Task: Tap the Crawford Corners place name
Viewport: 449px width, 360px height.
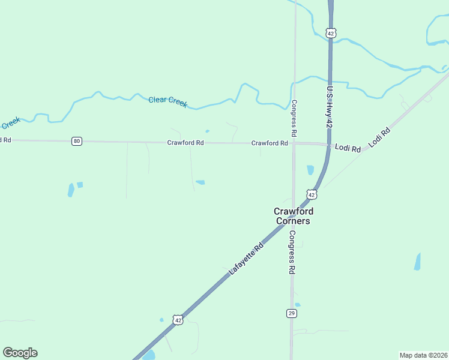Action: (294, 216)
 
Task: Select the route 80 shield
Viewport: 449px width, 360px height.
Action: (76, 141)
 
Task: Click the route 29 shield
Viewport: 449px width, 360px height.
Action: (292, 314)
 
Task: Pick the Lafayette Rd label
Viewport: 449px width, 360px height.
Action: (246, 259)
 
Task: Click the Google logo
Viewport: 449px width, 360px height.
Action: (20, 353)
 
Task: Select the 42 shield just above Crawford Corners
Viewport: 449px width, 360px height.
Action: (311, 194)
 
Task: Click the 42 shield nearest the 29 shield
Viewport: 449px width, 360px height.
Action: (178, 320)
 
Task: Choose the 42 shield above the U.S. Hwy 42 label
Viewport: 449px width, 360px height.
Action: (331, 34)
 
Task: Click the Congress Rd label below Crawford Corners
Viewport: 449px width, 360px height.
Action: (292, 252)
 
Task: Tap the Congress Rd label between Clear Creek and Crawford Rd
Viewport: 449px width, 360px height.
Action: (294, 117)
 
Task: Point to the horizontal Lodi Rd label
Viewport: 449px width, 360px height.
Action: (348, 148)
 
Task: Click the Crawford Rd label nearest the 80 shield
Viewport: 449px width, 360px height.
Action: (185, 143)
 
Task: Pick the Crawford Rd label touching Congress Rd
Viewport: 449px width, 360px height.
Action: (270, 143)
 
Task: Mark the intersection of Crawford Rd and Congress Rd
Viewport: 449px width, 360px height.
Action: (294, 143)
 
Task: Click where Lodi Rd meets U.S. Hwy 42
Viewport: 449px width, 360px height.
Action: (330, 145)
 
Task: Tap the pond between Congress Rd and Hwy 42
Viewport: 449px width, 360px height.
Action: (310, 170)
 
